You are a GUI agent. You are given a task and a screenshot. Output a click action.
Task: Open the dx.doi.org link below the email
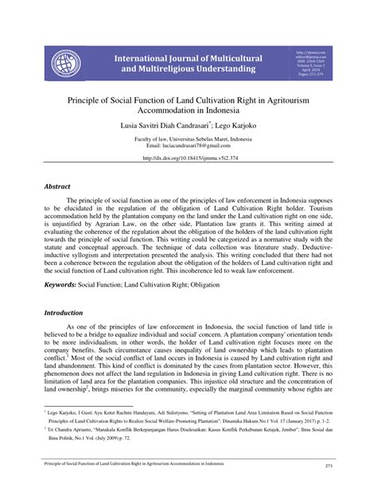point(188,158)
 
